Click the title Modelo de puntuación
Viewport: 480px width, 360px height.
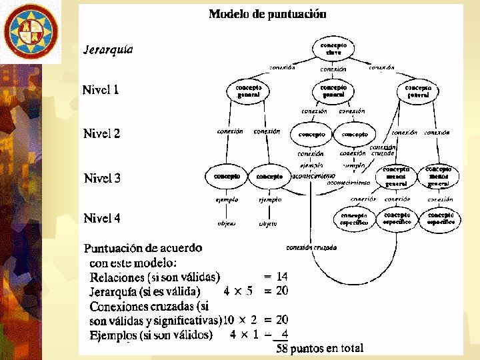[x=267, y=13]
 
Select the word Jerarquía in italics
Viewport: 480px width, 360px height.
[x=108, y=49]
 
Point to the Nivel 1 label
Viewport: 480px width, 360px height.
[x=101, y=89]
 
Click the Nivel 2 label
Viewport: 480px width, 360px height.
[x=102, y=133]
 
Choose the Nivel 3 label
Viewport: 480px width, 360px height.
[x=102, y=178]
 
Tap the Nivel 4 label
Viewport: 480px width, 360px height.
[x=102, y=218]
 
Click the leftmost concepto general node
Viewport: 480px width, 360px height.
[x=248, y=91]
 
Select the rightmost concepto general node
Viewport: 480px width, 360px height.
[x=418, y=91]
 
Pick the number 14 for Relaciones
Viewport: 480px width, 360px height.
[x=282, y=276]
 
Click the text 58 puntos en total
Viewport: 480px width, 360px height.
[x=320, y=347]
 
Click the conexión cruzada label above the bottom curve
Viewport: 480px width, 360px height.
[x=311, y=247]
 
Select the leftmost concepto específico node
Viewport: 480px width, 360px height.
[x=354, y=219]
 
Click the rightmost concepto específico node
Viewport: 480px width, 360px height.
[x=441, y=219]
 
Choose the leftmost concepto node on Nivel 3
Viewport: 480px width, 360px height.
[x=227, y=177]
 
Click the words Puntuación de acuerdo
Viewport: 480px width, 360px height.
[x=143, y=248]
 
